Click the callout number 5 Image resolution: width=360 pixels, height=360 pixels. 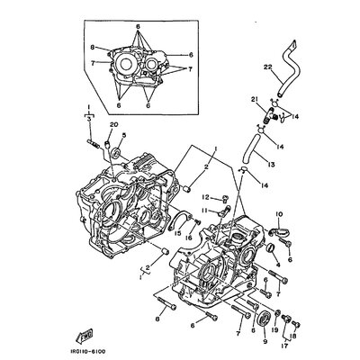click(123, 137)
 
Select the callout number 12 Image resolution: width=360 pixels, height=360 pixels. click(206, 197)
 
